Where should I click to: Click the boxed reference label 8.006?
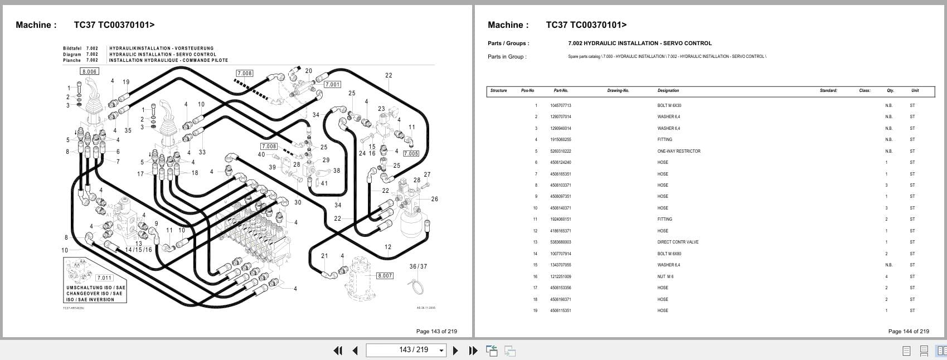tap(89, 71)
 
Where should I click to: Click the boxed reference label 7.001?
tap(332, 84)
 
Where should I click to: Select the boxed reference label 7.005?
tap(411, 153)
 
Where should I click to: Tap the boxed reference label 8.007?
tap(385, 275)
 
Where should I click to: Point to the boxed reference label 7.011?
tap(104, 278)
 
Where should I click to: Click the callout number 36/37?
tap(418, 266)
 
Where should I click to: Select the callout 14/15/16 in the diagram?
tap(138, 250)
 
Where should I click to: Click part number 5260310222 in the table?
tap(560, 151)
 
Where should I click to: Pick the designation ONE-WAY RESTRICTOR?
tap(678, 151)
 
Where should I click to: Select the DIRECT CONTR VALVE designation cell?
tap(677, 242)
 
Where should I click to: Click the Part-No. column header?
tap(561, 90)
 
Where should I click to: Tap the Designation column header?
tap(668, 90)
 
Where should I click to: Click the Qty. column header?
tap(890, 90)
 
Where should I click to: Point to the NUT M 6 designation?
tap(665, 276)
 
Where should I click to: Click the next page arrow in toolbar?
tap(455, 351)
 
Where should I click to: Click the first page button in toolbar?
tap(338, 351)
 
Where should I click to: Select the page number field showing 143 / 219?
tap(406, 350)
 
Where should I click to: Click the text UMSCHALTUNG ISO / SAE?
tap(96, 288)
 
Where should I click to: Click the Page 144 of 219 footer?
tap(908, 331)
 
